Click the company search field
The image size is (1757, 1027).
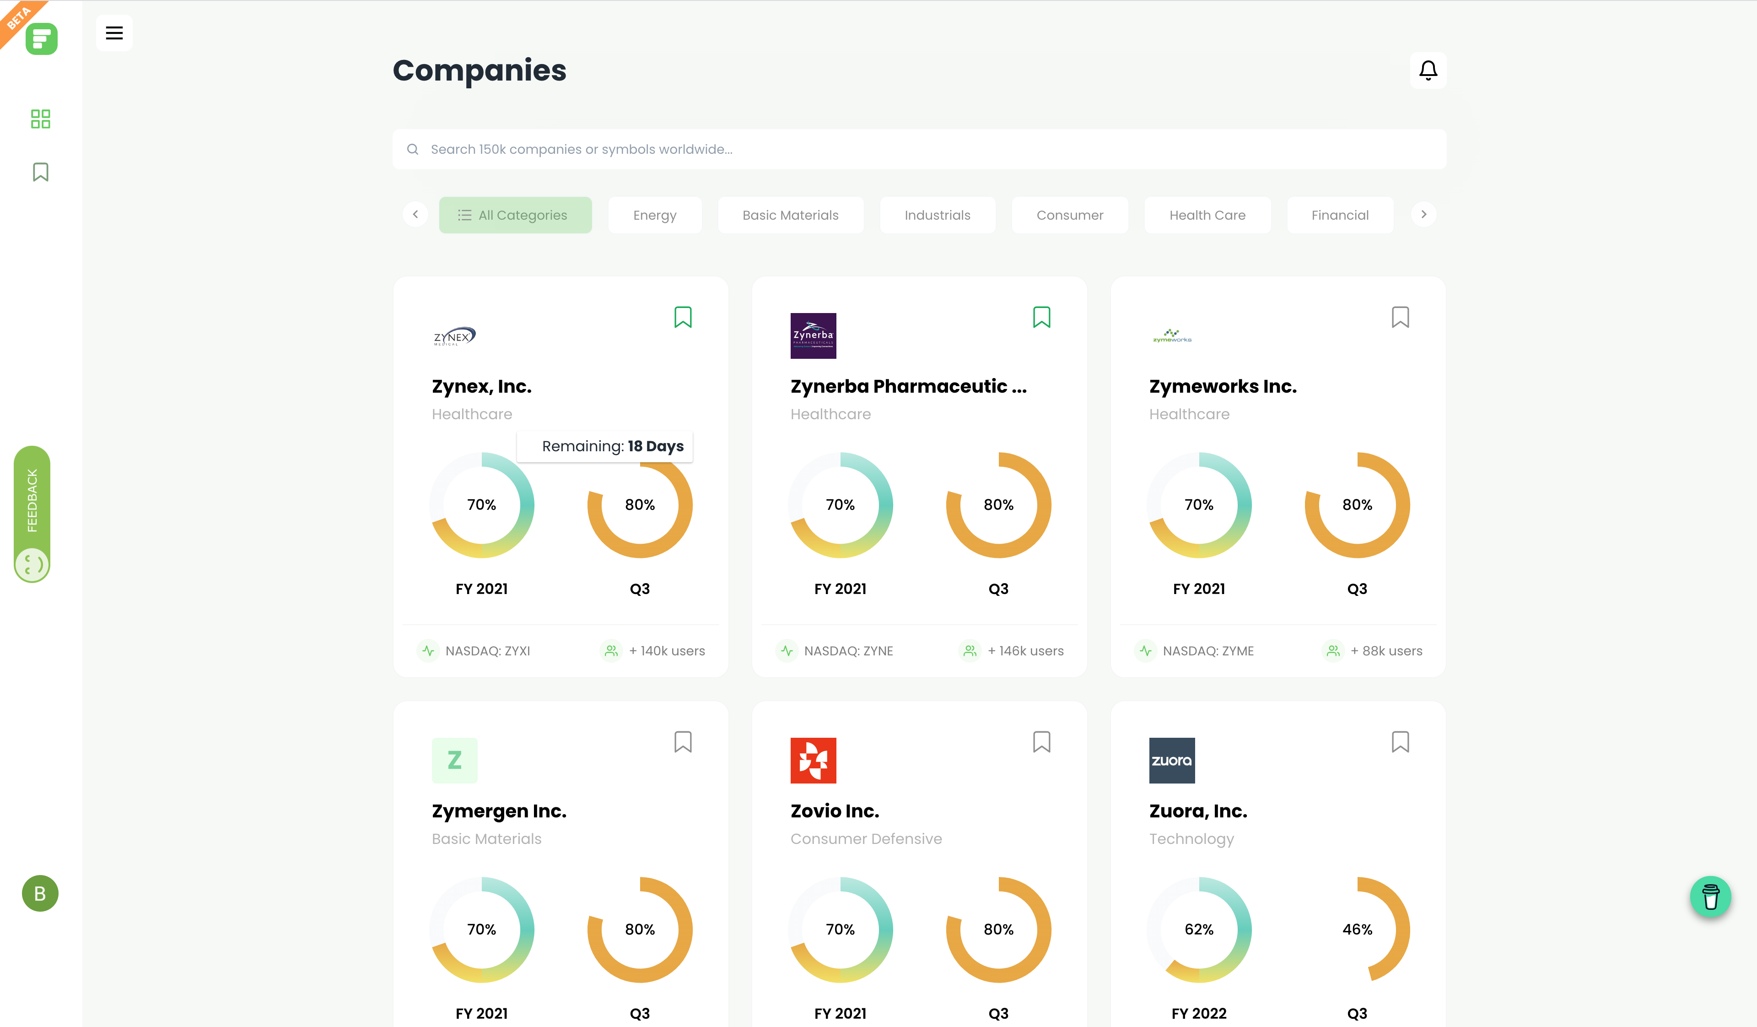(919, 149)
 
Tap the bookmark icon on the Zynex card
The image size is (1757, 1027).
(683, 317)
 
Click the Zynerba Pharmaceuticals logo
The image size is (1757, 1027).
(813, 336)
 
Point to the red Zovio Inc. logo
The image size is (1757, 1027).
(813, 761)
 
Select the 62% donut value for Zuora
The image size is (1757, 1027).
(1198, 930)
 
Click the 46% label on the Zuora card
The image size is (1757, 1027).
(1357, 930)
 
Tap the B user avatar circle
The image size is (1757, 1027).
(40, 893)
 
